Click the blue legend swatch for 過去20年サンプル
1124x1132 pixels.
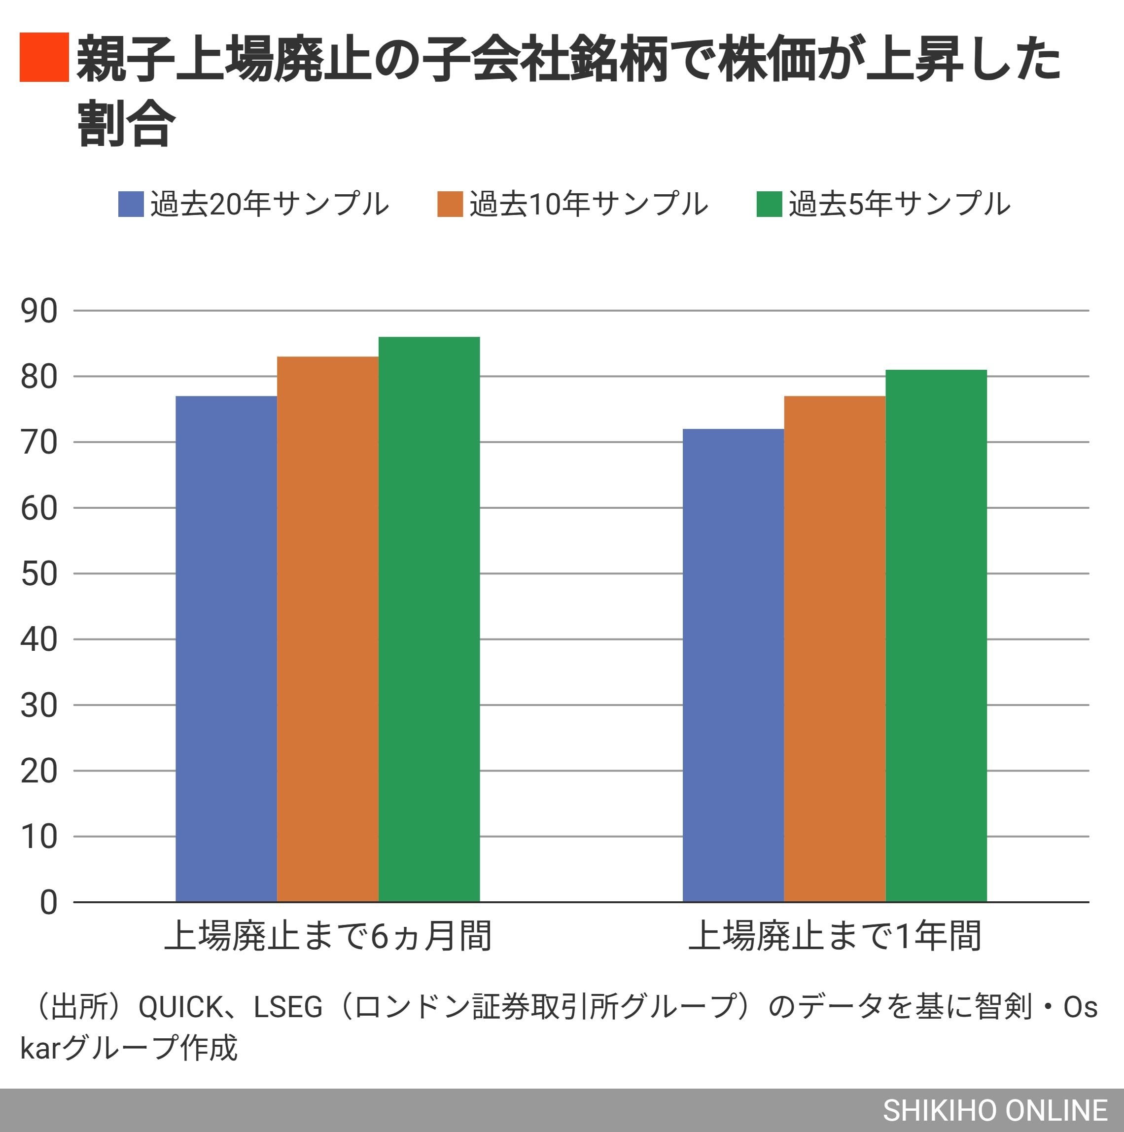point(131,205)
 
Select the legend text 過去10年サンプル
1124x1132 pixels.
point(588,205)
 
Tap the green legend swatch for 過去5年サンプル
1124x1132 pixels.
point(769,205)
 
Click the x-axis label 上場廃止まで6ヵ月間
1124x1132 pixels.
point(327,936)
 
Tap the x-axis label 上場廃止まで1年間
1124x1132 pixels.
point(834,936)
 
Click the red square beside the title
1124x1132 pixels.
point(44,57)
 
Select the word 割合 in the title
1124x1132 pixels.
point(126,124)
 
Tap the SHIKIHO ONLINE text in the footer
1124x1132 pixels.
point(994,1110)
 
